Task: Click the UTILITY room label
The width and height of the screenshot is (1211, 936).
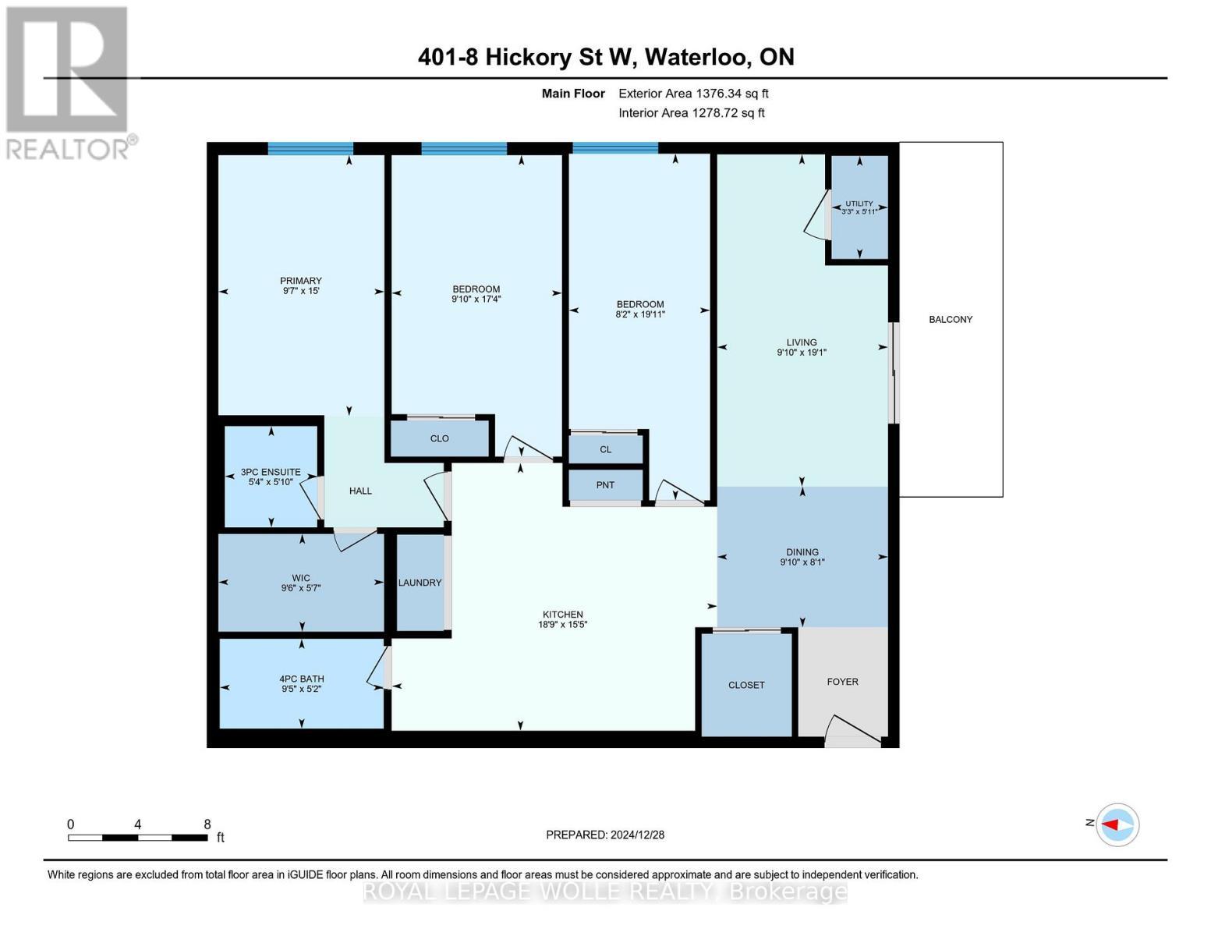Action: [x=859, y=204]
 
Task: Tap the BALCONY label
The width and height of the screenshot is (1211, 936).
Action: [x=951, y=319]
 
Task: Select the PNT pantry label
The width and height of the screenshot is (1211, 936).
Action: [x=605, y=485]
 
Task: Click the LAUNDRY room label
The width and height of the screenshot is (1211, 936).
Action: [x=420, y=583]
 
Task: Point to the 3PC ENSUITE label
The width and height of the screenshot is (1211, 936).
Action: [x=271, y=472]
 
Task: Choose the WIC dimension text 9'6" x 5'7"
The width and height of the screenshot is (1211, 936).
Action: [x=301, y=589]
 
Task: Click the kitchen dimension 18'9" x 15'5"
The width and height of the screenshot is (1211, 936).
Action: [x=562, y=624]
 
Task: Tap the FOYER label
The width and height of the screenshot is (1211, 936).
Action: [x=842, y=682]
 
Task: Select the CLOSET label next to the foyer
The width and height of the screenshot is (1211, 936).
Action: [x=746, y=685]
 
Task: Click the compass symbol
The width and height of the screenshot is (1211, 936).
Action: [x=1117, y=824]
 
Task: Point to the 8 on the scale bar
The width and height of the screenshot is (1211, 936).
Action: [x=207, y=824]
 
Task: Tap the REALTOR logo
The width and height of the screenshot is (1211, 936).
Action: [x=68, y=82]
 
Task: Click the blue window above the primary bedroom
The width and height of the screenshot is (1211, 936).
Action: [x=310, y=148]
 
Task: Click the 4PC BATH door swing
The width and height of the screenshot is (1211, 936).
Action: [x=378, y=668]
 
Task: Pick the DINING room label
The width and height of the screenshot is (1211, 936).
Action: [x=802, y=551]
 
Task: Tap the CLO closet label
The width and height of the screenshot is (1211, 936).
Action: [x=439, y=438]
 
